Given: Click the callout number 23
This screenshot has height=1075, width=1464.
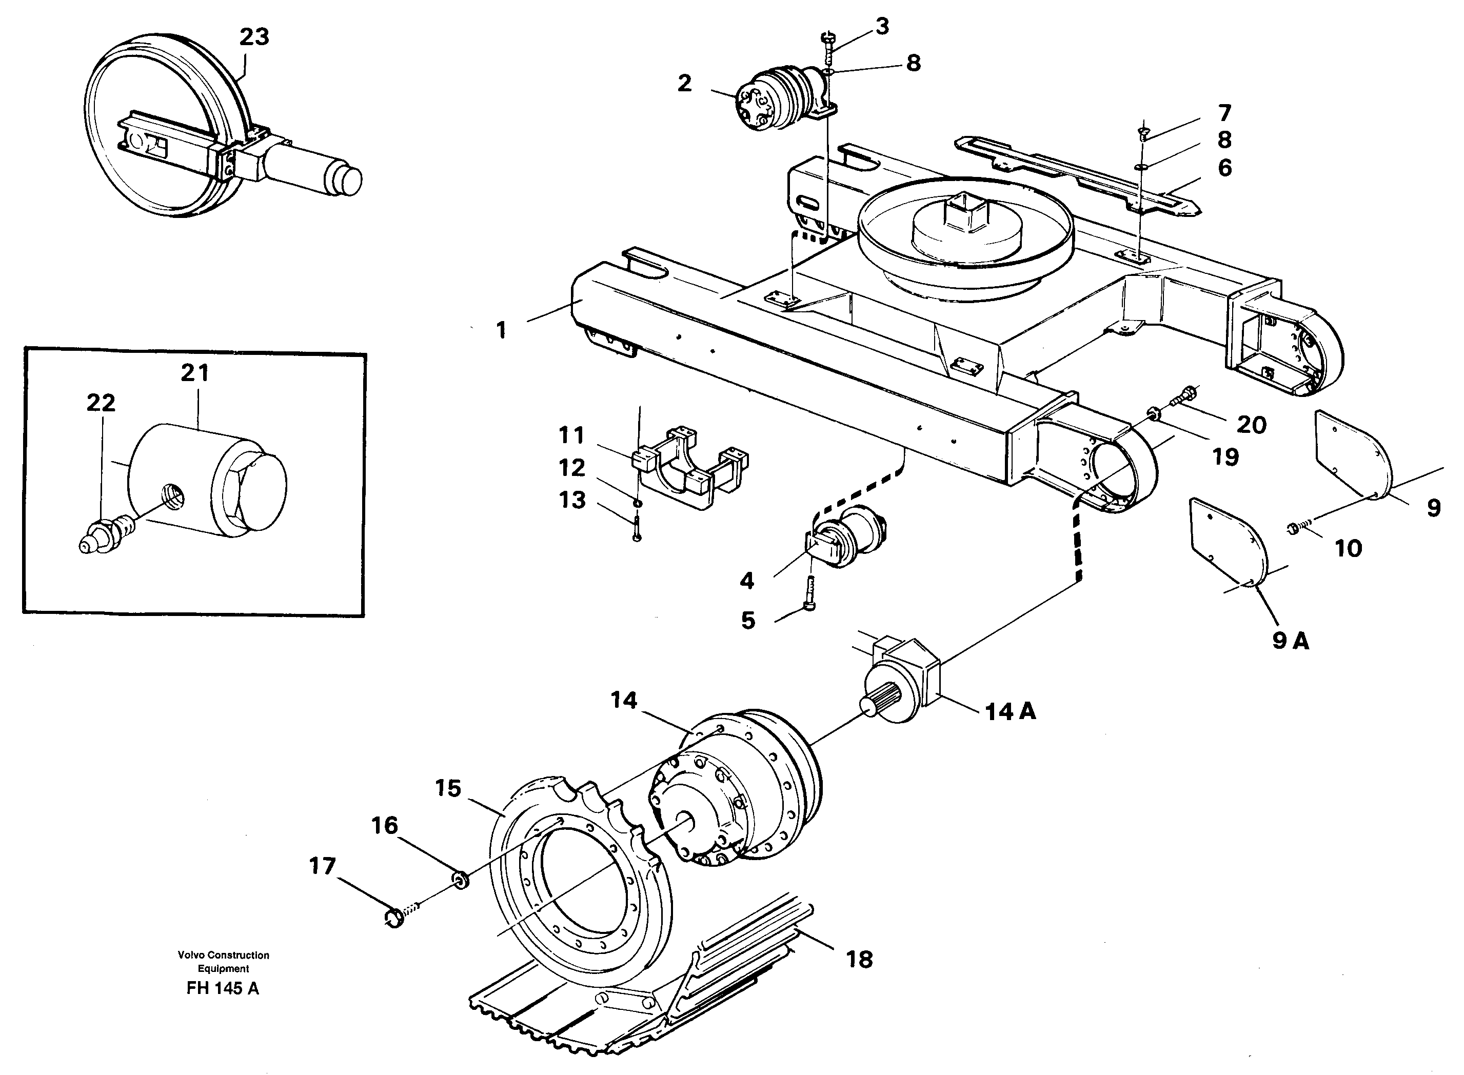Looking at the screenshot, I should tap(254, 37).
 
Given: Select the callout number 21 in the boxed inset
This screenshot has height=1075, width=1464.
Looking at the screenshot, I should tap(194, 373).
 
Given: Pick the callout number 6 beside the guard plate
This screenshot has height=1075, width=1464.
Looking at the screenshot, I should tap(1224, 168).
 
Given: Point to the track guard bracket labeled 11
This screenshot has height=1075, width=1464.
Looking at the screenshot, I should tap(690, 465).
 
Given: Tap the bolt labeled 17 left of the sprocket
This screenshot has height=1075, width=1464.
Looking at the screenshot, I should tap(395, 918).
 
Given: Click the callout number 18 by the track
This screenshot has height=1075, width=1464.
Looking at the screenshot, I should tap(859, 959).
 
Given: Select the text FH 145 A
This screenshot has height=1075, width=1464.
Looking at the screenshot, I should tap(223, 988).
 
